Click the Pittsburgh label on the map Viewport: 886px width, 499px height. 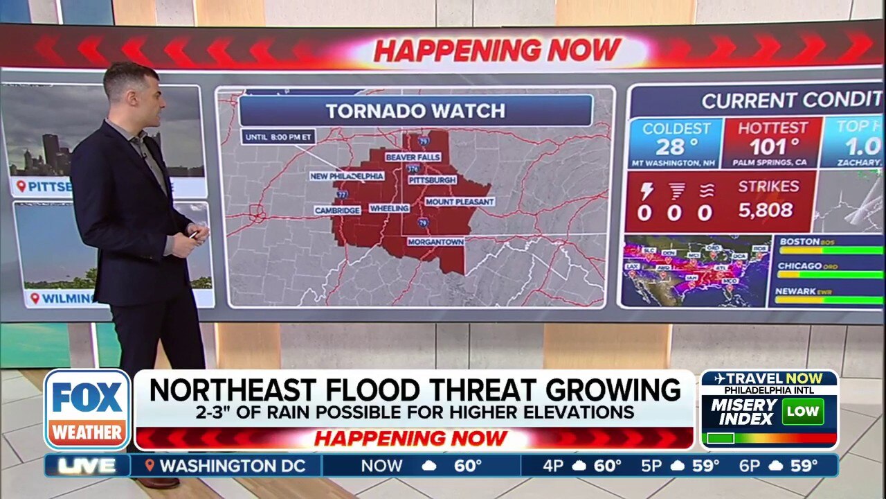tap(432, 180)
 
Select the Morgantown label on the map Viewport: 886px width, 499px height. tap(435, 242)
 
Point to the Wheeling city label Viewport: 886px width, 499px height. tap(389, 208)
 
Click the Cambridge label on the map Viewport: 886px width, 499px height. tap(337, 210)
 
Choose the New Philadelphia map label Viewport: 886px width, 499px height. tap(347, 177)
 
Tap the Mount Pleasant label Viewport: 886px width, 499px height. tap(460, 202)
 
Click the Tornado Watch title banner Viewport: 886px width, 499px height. tap(415, 111)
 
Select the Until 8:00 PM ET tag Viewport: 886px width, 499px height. tap(278, 137)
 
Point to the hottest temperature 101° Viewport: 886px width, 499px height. tap(772, 147)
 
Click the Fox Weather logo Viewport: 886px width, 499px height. tap(87, 410)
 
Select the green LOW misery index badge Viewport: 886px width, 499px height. tap(802, 412)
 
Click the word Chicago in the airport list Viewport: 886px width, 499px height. tap(799, 266)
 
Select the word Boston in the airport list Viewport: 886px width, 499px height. tap(799, 241)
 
